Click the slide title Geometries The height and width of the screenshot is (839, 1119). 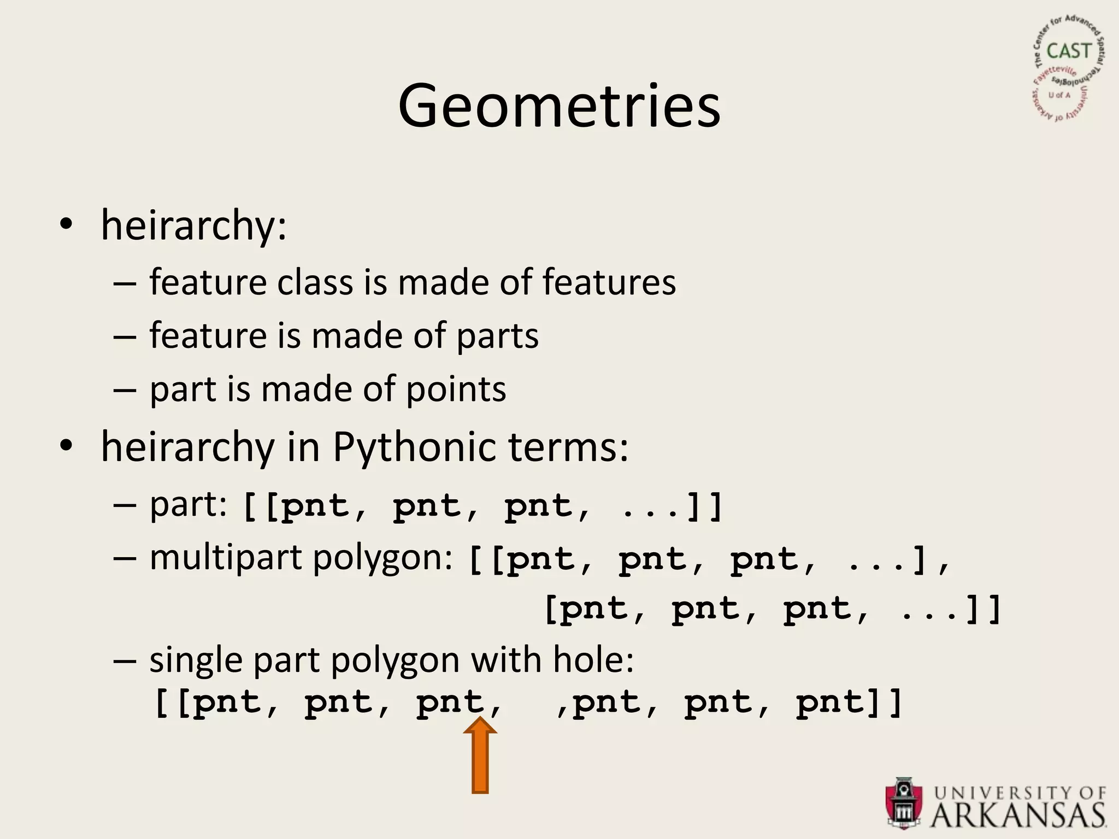pos(559,107)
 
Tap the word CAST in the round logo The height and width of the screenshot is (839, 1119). pos(1068,51)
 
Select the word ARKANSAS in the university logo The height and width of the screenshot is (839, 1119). pos(1017,816)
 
